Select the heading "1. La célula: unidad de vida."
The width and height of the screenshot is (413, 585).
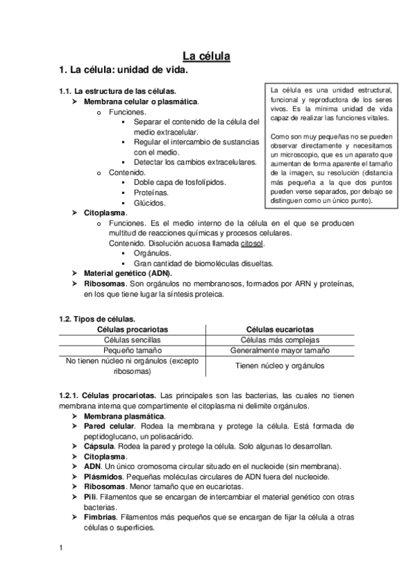coord(123,70)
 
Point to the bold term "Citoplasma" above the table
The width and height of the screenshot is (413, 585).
coord(105,213)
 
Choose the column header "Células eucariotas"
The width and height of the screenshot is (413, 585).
coord(280,330)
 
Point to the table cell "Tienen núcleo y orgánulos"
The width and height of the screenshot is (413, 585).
coord(280,366)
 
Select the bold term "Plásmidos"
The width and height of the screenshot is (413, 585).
coord(103,477)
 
